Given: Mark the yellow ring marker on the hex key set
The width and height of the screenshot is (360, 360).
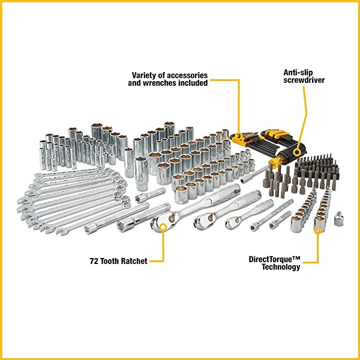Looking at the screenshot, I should (x=239, y=136).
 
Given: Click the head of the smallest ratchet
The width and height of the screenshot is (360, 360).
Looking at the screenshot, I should (x=232, y=223).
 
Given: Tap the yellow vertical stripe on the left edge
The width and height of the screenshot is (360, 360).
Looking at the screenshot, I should (x=2, y=180).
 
